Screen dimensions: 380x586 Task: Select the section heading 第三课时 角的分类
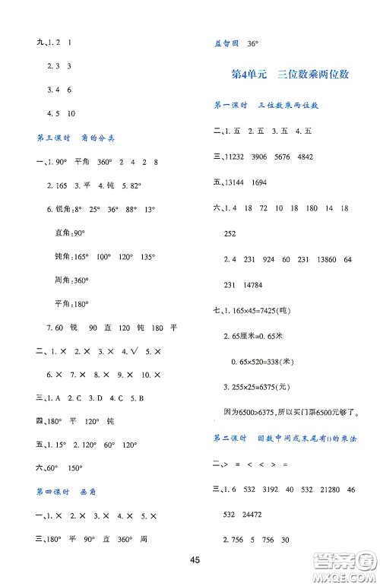tap(75, 138)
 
